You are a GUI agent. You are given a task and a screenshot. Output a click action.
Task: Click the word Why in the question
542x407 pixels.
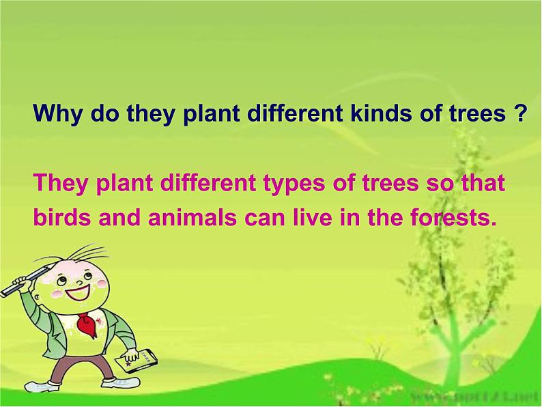point(55,113)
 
